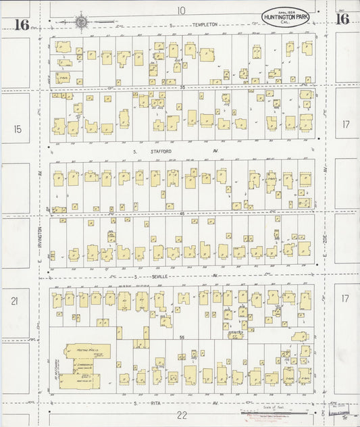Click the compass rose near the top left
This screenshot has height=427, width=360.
tap(81, 21)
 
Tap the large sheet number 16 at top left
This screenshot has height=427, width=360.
tap(20, 25)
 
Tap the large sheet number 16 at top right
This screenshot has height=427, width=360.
tap(342, 18)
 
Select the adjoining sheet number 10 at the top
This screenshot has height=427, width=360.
tap(181, 10)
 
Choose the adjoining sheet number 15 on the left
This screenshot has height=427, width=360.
tap(17, 128)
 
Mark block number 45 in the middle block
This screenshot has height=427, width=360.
tap(182, 213)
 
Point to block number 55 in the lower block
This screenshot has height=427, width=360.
tap(182, 337)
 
